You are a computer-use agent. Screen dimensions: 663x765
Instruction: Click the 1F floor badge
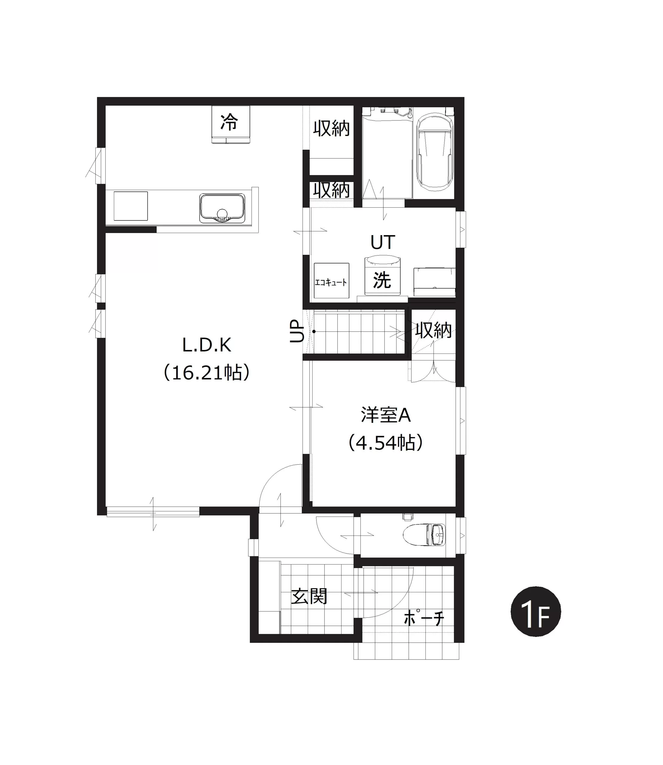click(x=536, y=612)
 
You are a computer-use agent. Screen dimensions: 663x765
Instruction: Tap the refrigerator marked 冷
click(x=230, y=124)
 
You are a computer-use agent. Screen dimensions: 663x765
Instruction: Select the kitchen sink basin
click(x=222, y=208)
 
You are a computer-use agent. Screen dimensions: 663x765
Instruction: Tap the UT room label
click(x=382, y=242)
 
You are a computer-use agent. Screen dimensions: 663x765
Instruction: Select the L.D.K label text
click(x=207, y=345)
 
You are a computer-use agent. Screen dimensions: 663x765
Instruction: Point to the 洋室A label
click(x=386, y=415)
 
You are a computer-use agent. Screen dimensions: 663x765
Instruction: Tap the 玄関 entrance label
click(x=309, y=596)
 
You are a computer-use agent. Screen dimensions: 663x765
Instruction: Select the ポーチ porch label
click(x=424, y=618)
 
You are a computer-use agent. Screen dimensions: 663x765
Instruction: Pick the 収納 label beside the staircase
click(x=433, y=330)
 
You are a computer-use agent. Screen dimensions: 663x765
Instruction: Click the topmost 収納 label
click(x=332, y=128)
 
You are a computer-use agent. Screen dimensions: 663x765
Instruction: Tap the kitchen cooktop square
click(x=131, y=206)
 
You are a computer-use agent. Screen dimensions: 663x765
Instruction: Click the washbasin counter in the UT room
click(x=434, y=281)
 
